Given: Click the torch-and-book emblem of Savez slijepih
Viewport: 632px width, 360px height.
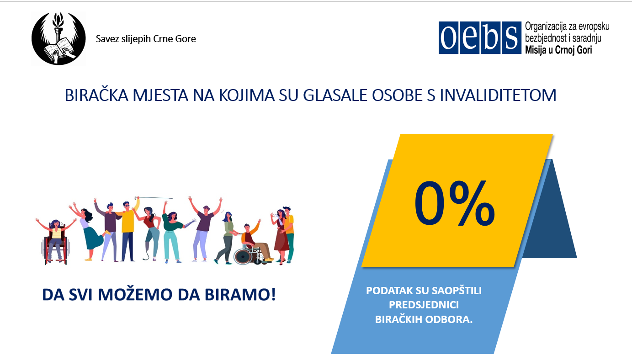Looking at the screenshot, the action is pyautogui.click(x=58, y=39).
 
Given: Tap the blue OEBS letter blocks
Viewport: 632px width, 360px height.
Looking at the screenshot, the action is pyautogui.click(x=480, y=37).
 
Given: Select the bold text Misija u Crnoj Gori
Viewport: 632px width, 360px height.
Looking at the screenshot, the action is pyautogui.click(x=558, y=50).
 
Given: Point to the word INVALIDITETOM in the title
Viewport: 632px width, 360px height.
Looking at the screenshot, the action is pyautogui.click(x=498, y=95).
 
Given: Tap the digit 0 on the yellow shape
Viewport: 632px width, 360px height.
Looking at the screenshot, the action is pyautogui.click(x=429, y=203).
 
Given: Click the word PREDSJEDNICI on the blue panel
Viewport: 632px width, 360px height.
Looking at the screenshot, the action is pyautogui.click(x=424, y=305).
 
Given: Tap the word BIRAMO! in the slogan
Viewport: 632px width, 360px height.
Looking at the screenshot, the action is pyautogui.click(x=240, y=294).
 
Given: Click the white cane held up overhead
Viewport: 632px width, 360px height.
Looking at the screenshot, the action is pyautogui.click(x=154, y=198).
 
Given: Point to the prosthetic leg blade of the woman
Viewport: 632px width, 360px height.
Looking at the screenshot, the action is pyautogui.click(x=146, y=251).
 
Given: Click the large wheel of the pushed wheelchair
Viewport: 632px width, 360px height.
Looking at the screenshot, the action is pyautogui.click(x=243, y=256).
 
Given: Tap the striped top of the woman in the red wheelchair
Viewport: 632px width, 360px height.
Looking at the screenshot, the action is pyautogui.click(x=56, y=233).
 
